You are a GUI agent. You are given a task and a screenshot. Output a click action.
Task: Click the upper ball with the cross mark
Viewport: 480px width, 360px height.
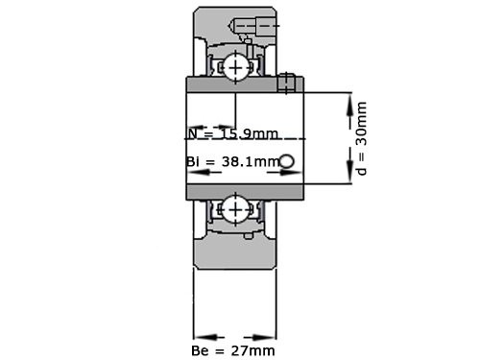coord(236,66)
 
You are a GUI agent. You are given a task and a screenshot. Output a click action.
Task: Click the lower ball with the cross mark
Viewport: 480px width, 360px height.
coord(236,207)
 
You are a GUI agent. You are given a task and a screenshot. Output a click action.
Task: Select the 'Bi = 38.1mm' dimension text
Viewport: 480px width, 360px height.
coord(231,162)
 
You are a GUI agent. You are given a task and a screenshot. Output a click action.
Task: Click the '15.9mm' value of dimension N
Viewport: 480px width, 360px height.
coord(242,132)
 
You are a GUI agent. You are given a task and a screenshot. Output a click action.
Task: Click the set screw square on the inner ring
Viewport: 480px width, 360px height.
coord(284,84)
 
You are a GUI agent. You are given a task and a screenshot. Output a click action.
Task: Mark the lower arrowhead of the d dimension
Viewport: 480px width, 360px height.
coord(348,179)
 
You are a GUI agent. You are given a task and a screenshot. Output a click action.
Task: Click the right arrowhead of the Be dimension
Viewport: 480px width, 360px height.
coord(270,337)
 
